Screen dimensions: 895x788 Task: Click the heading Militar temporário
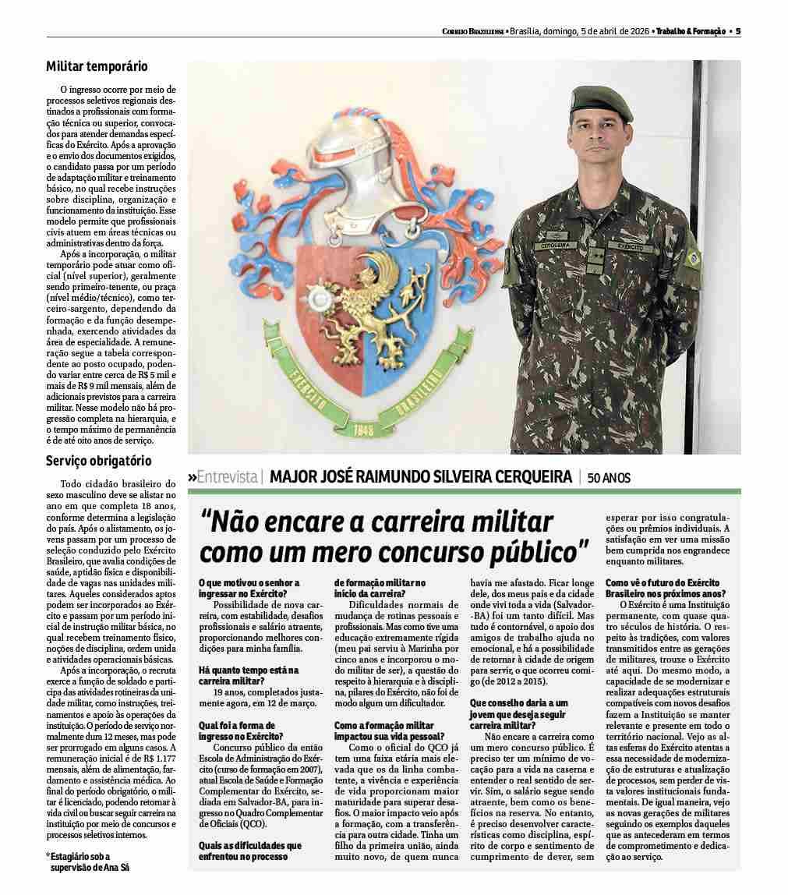click(x=97, y=67)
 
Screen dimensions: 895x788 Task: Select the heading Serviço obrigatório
click(x=98, y=461)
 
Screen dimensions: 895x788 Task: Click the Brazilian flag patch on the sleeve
click(x=691, y=256)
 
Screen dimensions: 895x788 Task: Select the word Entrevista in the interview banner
click(x=227, y=476)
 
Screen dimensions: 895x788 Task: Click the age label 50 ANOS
click(x=609, y=477)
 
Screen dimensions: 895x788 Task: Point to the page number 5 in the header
click(x=737, y=31)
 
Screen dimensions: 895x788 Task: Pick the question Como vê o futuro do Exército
click(x=663, y=587)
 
